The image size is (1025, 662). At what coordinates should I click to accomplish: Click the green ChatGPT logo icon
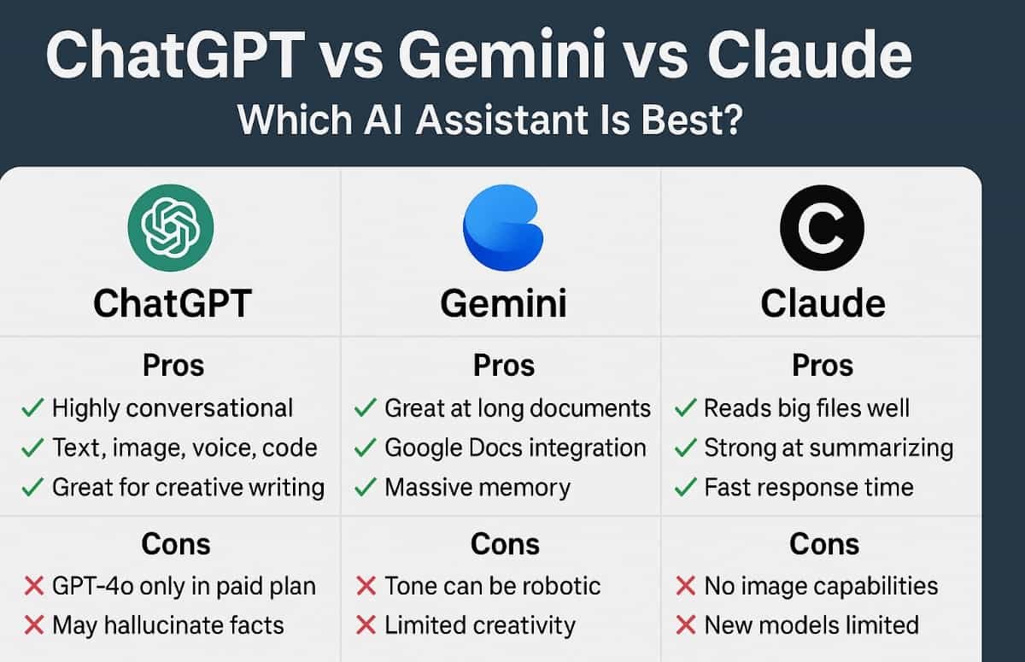171,228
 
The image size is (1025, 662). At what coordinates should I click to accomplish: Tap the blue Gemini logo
502,228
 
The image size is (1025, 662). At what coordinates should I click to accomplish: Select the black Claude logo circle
823,228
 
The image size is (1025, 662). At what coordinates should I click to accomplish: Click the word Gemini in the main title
509,58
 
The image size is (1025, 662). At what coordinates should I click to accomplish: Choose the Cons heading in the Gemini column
505,544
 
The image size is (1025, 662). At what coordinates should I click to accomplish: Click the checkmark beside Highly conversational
32,408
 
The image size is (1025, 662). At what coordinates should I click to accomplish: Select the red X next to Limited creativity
366,625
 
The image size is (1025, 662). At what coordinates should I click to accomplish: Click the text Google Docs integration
515,448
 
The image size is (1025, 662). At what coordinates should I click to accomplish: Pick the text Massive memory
477,488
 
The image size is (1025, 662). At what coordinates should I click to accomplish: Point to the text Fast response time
808,488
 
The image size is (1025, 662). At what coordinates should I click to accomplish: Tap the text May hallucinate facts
167,625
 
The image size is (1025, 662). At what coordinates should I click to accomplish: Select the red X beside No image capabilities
685,586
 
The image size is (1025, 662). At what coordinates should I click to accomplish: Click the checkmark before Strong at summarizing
685,448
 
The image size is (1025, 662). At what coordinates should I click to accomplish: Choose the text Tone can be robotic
492,586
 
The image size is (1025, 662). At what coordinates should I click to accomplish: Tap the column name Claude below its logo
823,304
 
